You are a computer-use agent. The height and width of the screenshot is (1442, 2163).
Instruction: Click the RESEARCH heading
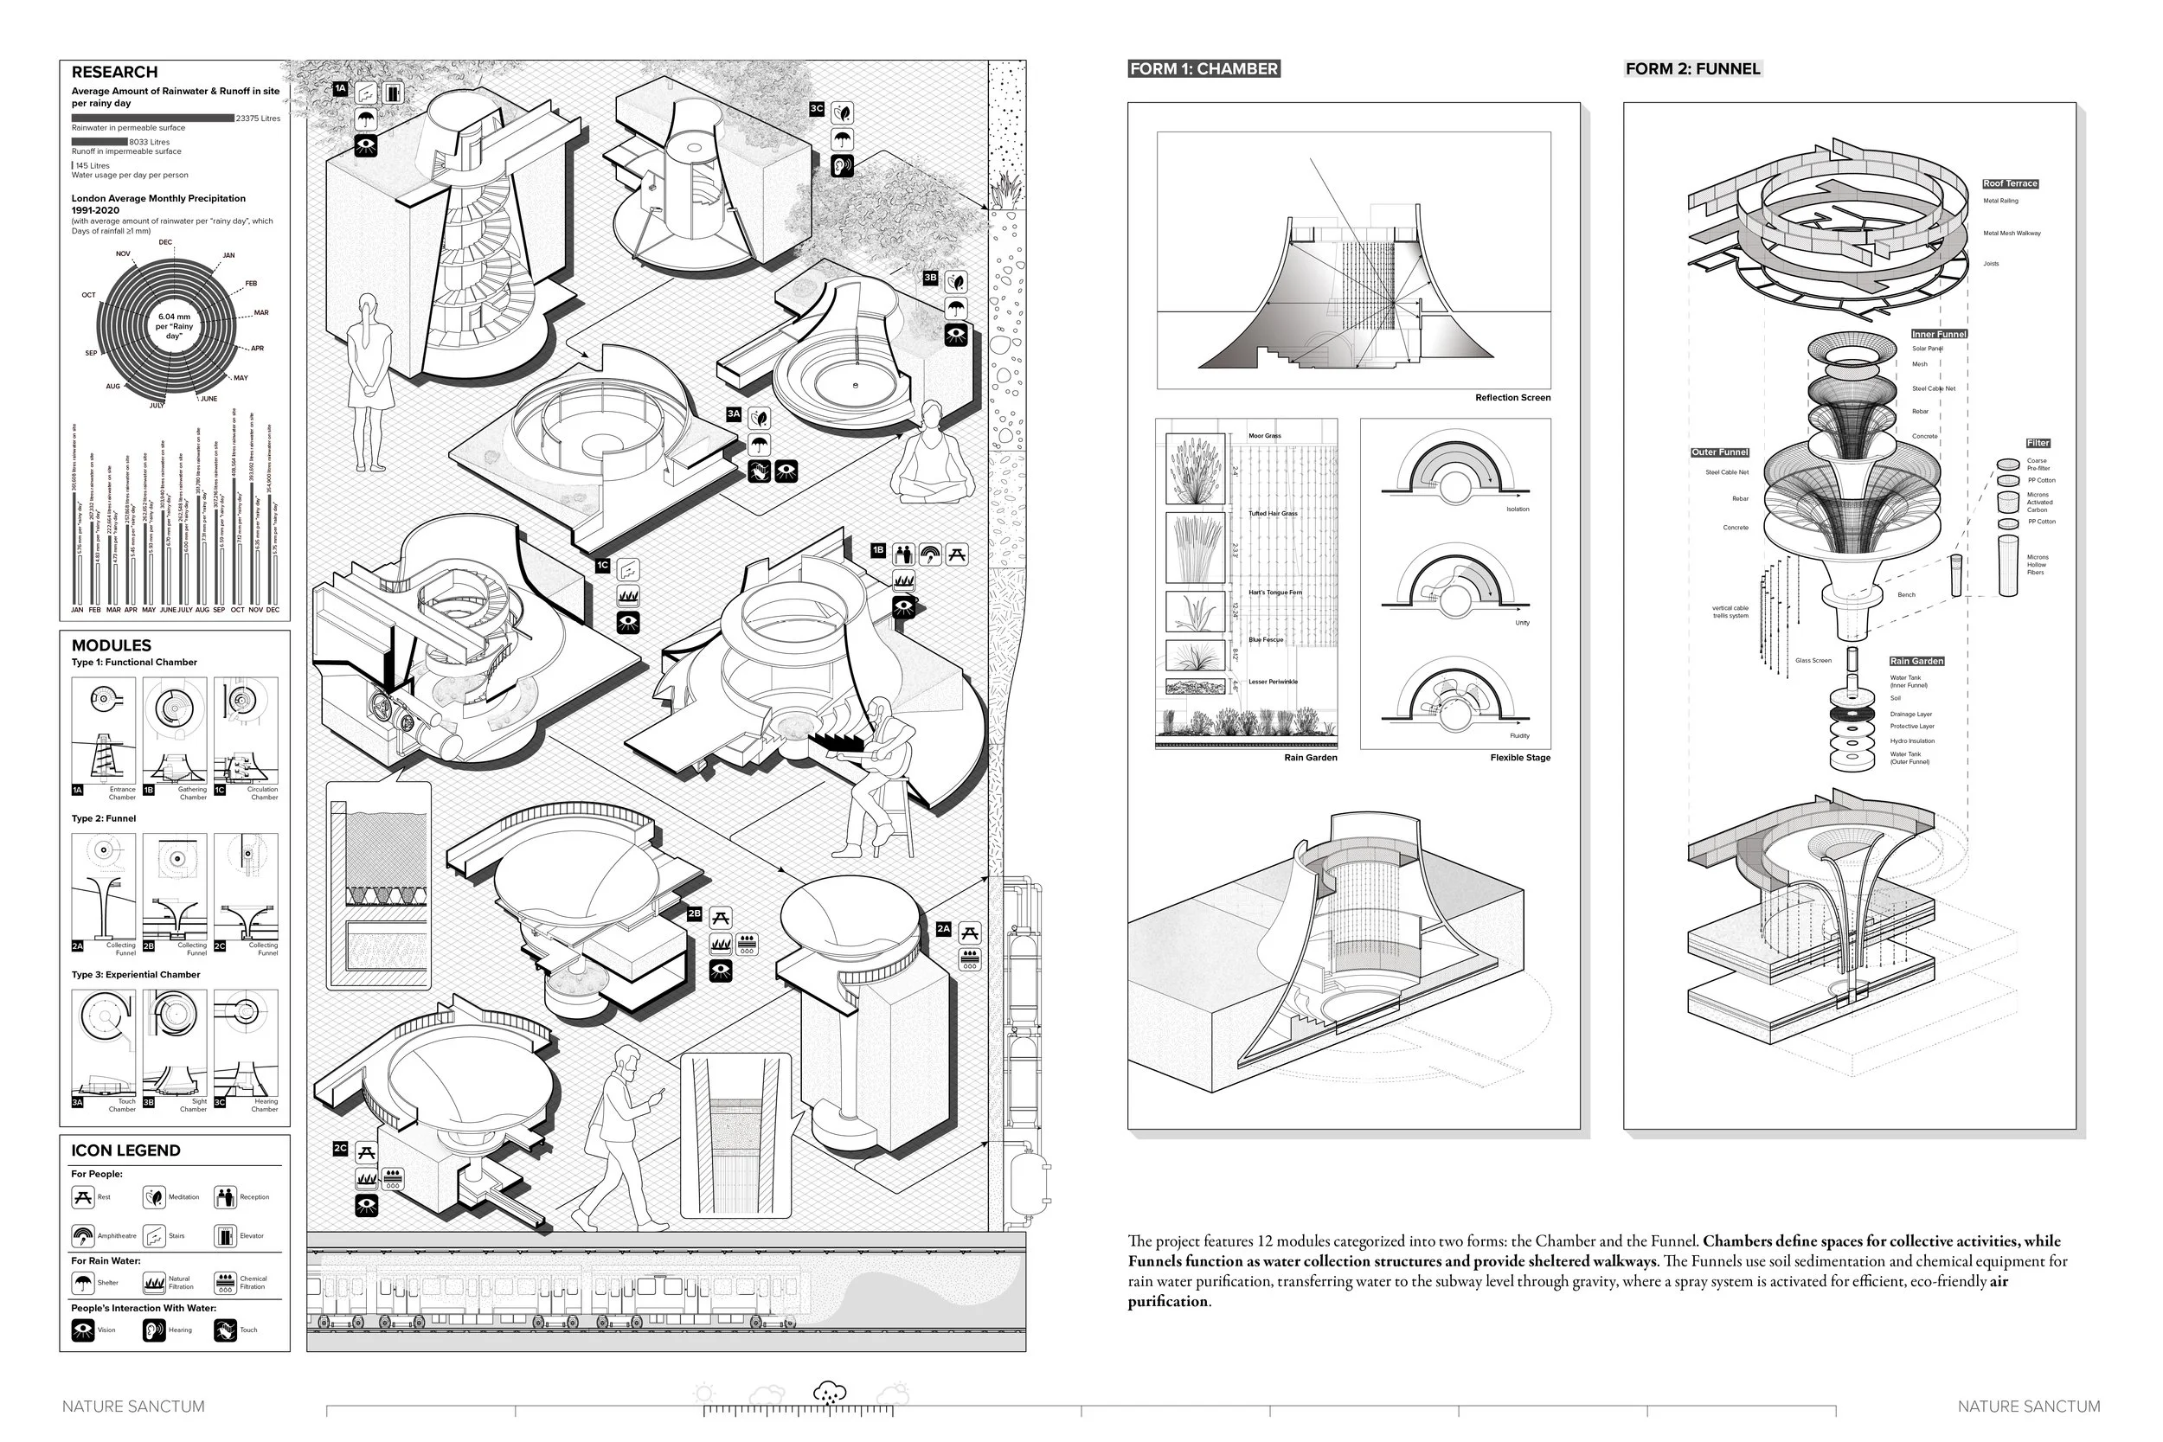[114, 72]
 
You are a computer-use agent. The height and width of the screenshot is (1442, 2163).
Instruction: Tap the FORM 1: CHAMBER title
[1203, 69]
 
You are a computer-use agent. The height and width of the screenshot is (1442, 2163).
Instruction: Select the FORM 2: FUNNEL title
[1691, 69]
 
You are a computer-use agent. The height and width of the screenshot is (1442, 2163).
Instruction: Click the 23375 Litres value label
[258, 119]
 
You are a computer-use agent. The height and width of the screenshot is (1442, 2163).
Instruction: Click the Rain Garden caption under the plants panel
[1310, 758]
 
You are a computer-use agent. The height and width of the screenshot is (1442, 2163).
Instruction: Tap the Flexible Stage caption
[1519, 758]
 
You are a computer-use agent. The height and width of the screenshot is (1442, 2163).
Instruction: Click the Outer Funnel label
[1719, 452]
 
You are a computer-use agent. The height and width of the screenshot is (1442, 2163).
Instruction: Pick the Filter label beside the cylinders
[2037, 443]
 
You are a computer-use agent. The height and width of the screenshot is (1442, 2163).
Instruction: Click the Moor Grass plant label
[1265, 436]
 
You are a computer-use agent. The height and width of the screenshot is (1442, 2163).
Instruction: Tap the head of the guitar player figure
[880, 708]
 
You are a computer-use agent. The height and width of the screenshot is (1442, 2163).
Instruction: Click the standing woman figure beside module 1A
[369, 381]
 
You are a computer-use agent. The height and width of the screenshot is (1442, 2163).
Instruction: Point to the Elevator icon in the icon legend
[225, 1235]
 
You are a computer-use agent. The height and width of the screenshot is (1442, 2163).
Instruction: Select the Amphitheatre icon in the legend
[83, 1235]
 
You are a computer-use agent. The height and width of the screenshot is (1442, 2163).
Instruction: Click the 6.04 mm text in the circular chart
[173, 317]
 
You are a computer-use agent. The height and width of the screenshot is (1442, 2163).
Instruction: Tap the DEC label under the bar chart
[273, 610]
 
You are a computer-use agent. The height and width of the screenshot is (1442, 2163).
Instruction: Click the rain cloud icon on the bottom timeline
[830, 1393]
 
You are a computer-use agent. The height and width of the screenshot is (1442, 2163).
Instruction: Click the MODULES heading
[111, 645]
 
